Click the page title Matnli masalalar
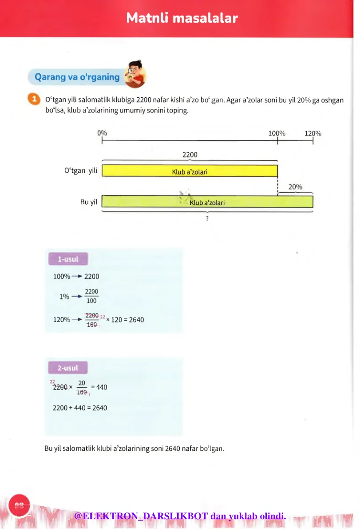(x=182, y=18)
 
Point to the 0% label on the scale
(x=102, y=133)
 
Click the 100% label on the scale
(x=277, y=133)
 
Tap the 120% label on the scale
(x=313, y=133)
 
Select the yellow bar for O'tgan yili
(x=190, y=171)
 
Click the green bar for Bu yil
(x=207, y=202)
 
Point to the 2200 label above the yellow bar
(x=190, y=155)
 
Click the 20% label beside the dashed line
(x=295, y=187)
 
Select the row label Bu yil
(x=89, y=202)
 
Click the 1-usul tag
(x=68, y=259)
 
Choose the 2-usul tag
(x=67, y=368)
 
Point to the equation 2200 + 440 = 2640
(x=80, y=408)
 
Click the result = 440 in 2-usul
(x=99, y=387)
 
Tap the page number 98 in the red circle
(x=19, y=505)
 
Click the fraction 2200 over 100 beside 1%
(x=91, y=296)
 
